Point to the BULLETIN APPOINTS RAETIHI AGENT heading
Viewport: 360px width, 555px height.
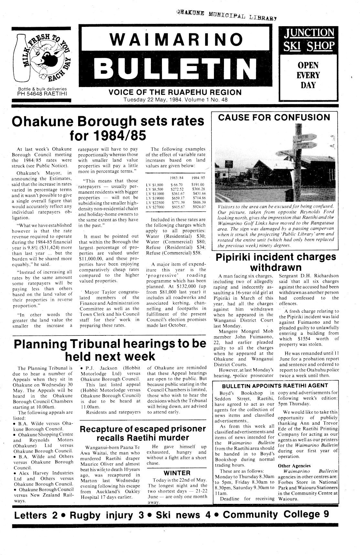click(x=273, y=385)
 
